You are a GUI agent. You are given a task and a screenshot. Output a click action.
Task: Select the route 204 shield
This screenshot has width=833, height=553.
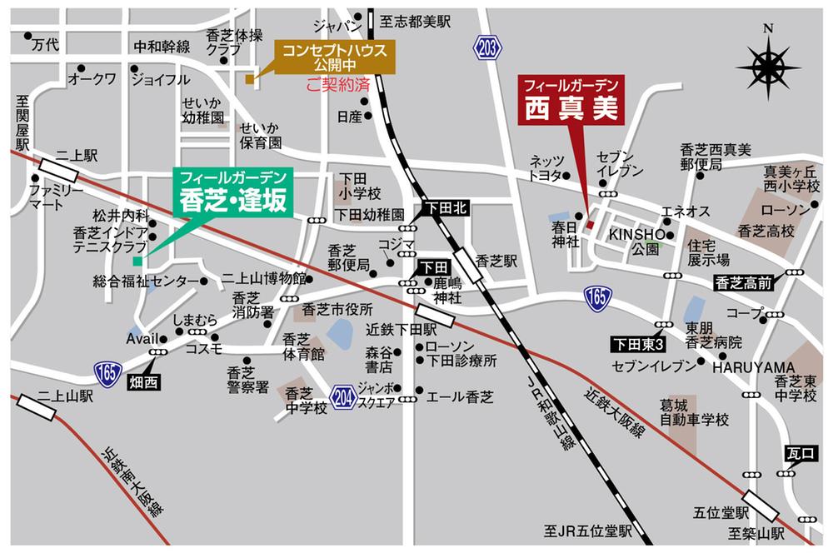click(342, 396)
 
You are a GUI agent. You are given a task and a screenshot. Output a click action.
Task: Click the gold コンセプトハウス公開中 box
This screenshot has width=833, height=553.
click(334, 57)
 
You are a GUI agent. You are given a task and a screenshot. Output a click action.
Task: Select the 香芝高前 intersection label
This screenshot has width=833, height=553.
click(743, 283)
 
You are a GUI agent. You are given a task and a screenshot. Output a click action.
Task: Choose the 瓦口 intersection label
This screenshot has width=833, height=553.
click(797, 452)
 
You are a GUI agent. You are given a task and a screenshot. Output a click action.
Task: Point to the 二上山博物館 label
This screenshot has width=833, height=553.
click(262, 278)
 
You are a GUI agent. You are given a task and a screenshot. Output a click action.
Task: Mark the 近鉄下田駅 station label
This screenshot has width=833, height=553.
click(402, 330)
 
